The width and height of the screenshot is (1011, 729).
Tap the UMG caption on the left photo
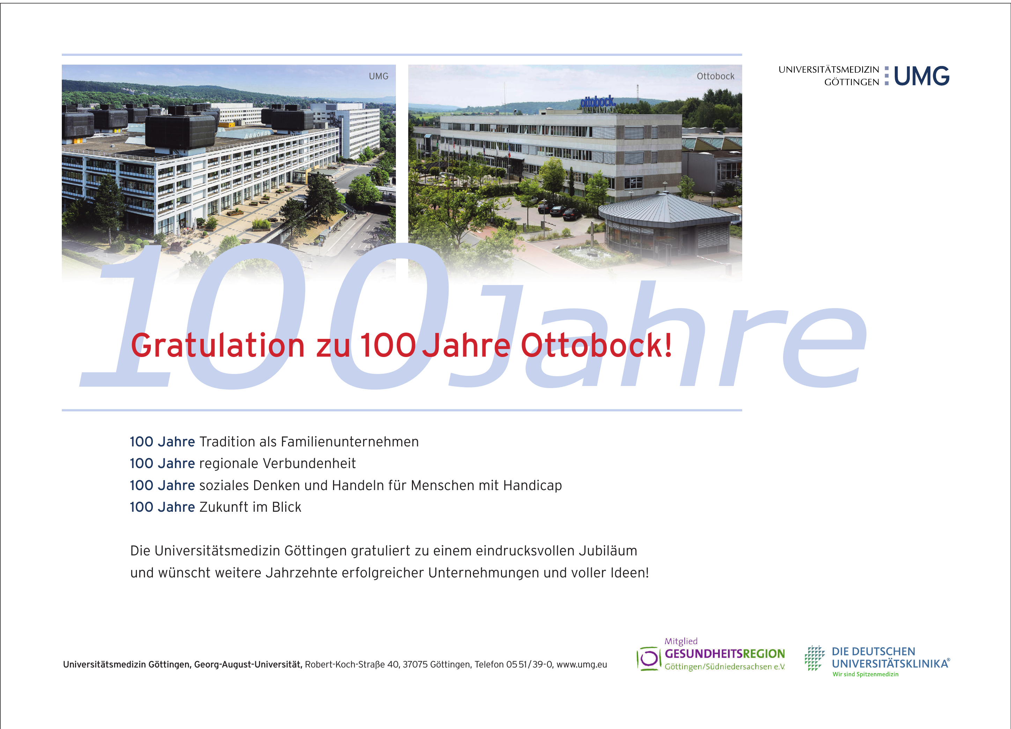pos(378,76)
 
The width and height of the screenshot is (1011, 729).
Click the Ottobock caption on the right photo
pos(715,76)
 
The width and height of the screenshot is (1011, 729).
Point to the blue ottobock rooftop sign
pos(598,102)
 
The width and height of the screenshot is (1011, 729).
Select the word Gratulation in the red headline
pos(217,346)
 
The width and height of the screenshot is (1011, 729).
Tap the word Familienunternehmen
pos(350,442)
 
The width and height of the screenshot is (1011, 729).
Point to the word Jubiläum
pos(608,551)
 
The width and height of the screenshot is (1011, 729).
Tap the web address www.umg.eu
pos(582,665)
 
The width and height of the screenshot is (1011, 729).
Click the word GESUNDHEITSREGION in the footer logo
pos(725,654)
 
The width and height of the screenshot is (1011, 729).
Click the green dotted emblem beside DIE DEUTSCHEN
pos(815,658)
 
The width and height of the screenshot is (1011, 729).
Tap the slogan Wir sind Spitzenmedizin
pos(865,674)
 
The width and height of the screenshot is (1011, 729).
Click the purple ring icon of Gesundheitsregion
pos(649,658)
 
